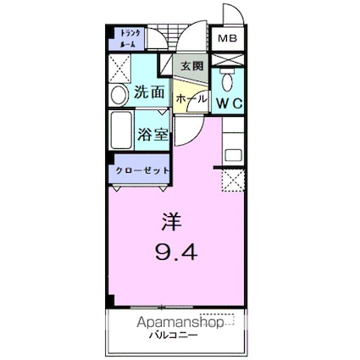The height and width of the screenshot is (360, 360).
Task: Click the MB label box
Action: (x=226, y=39)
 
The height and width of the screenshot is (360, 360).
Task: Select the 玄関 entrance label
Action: (x=191, y=64)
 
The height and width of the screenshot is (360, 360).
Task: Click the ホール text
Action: (x=186, y=99)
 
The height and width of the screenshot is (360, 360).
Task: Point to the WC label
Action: (x=229, y=102)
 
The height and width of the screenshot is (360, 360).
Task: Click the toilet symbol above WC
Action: (x=227, y=80)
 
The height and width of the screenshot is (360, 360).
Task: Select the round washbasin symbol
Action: (x=119, y=92)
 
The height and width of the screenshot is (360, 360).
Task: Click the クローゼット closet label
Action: (x=140, y=170)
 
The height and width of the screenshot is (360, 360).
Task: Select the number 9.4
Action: (x=175, y=253)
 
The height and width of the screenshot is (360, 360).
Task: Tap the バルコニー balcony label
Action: (x=174, y=335)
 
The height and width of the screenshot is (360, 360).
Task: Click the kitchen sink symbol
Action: (x=233, y=154)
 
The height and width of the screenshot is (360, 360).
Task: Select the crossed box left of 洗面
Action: (x=120, y=65)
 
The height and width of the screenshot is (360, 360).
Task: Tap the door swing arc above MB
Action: (x=229, y=17)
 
